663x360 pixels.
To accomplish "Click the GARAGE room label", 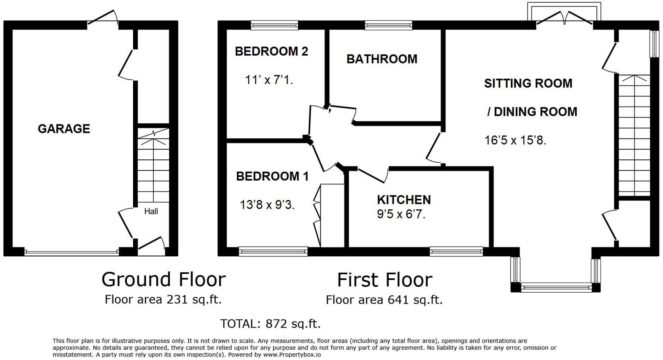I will (x=64, y=129).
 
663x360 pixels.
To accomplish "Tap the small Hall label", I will (x=151, y=212).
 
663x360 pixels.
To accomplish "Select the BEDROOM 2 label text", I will (x=271, y=51).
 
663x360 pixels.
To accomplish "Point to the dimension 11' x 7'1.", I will (x=269, y=80).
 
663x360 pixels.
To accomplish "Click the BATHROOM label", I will (x=382, y=59).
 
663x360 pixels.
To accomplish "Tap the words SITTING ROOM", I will (x=528, y=84).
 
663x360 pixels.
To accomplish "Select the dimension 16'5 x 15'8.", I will (x=515, y=140).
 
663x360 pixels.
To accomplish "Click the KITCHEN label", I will (x=404, y=200).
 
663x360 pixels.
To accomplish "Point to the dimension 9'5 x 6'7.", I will (x=401, y=214).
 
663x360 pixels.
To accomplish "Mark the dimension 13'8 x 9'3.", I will (x=267, y=205).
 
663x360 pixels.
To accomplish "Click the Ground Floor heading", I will (x=163, y=280).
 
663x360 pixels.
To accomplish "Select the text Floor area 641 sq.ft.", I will (x=384, y=300).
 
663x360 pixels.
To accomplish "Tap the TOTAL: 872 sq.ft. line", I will (x=270, y=324).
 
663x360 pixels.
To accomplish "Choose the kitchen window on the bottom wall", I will (x=456, y=251).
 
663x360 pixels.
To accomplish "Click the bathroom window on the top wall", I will (x=388, y=25).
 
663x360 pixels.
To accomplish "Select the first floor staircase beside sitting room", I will (x=634, y=136).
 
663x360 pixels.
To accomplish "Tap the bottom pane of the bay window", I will (x=556, y=288).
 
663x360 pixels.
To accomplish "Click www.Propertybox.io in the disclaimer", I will (x=292, y=355).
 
